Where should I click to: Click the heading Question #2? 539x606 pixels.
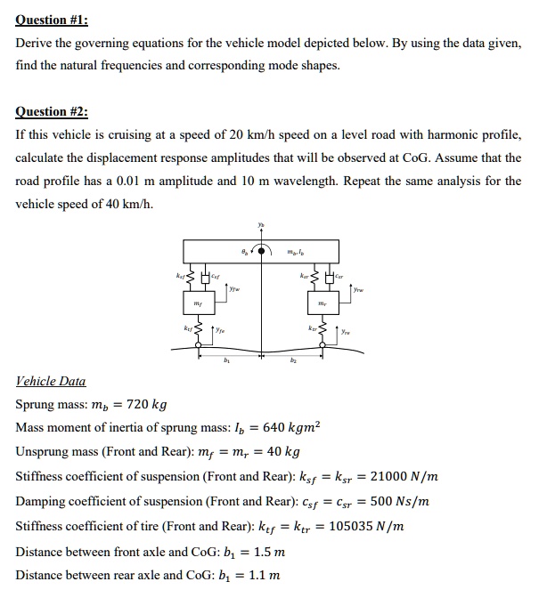click(53, 111)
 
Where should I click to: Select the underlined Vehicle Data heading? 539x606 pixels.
click(51, 381)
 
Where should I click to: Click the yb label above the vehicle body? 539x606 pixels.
click(261, 224)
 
